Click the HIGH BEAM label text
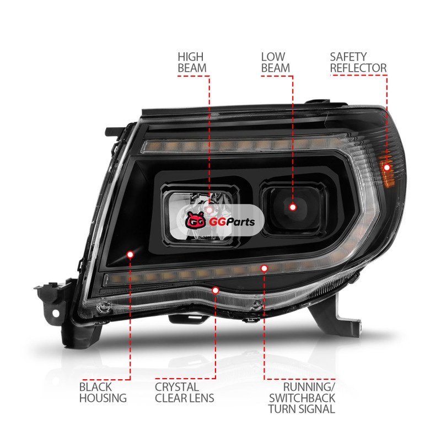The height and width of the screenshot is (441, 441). click(x=192, y=62)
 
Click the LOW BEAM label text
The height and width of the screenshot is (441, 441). click(x=275, y=62)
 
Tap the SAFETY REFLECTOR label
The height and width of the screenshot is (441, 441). click(x=358, y=62)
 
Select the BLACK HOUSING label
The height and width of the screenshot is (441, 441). click(x=103, y=392)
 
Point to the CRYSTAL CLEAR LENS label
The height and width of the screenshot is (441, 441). click(x=185, y=392)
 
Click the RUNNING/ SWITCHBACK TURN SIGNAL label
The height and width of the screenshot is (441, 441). click(x=302, y=398)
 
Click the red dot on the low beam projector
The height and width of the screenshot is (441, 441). click(x=293, y=207)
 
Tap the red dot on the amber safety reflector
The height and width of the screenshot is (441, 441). click(x=387, y=168)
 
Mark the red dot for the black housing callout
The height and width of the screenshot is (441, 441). click(x=130, y=255)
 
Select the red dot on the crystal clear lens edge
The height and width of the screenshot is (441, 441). click(x=216, y=291)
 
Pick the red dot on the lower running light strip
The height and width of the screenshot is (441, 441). click(x=264, y=268)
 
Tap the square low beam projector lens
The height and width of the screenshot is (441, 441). click(x=294, y=208)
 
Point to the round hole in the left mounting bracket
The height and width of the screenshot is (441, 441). click(x=56, y=313)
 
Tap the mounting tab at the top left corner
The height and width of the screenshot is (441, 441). click(x=115, y=132)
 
